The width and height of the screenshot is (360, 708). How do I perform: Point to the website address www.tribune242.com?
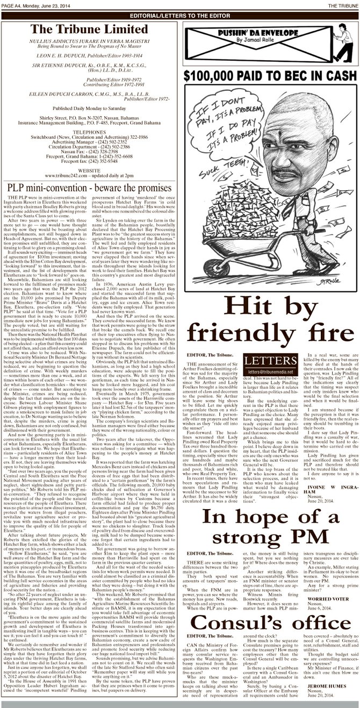(x=63, y=175)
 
